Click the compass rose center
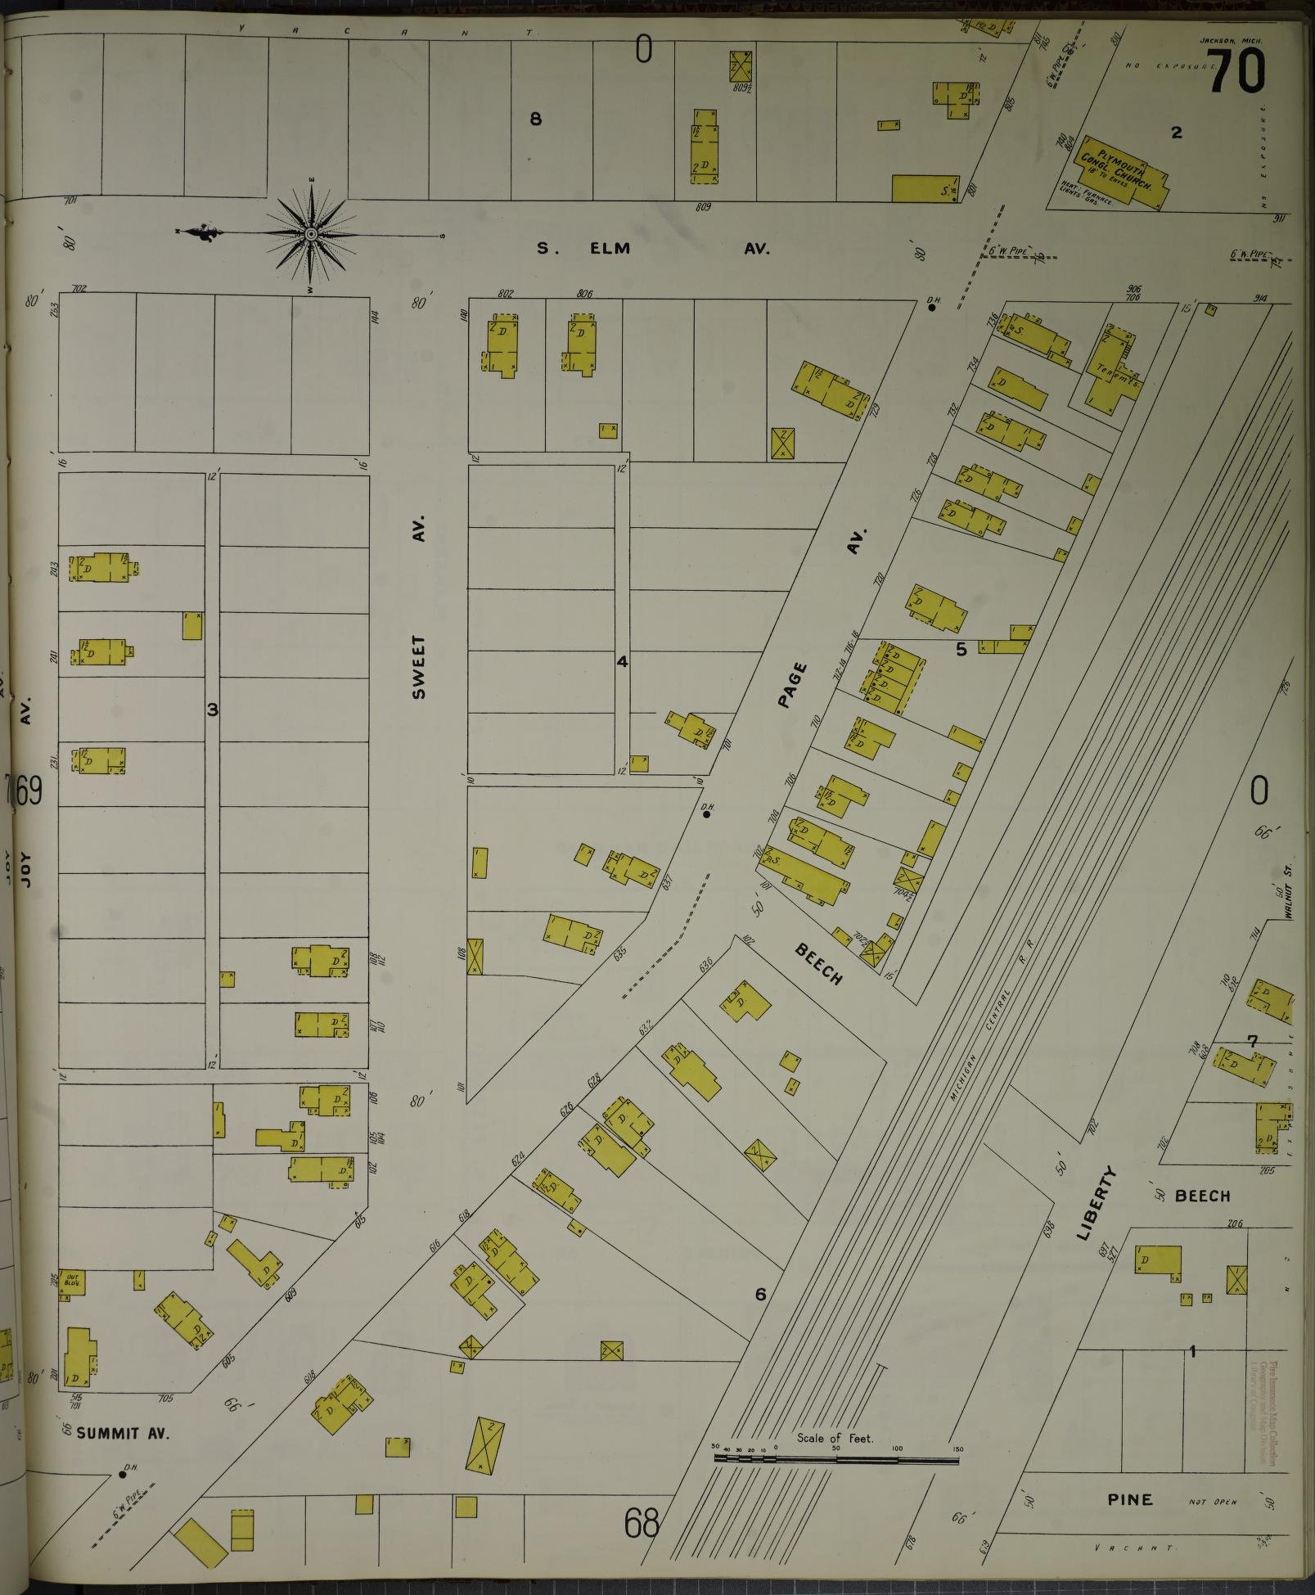(x=311, y=235)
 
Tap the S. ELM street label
(x=584, y=249)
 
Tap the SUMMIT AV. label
(x=122, y=1434)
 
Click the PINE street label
(x=1130, y=1499)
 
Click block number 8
(x=536, y=119)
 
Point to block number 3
(x=213, y=710)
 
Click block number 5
(x=961, y=649)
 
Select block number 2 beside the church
(x=1176, y=133)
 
